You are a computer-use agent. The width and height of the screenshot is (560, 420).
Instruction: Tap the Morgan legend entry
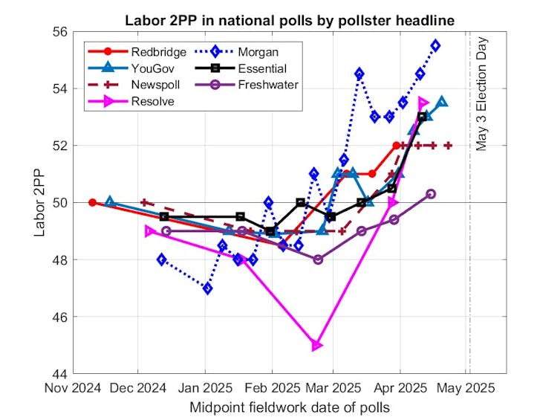pyautogui.click(x=259, y=52)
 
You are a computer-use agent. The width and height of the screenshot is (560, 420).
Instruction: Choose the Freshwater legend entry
pyautogui.click(x=268, y=85)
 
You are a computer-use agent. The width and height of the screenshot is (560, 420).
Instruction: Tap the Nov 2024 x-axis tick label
pyautogui.click(x=71, y=388)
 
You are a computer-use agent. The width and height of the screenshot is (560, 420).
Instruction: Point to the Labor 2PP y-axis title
pyautogui.click(x=40, y=202)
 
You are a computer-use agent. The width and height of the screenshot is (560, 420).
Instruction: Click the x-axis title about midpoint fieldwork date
pyautogui.click(x=290, y=407)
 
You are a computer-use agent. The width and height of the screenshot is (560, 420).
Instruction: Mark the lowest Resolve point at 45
pyautogui.click(x=317, y=345)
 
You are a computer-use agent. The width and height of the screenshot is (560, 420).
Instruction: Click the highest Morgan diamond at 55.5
pyautogui.click(x=435, y=45)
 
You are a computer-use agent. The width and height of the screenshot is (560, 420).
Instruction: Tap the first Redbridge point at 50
pyautogui.click(x=92, y=202)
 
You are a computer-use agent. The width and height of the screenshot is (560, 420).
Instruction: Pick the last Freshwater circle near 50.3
pyautogui.click(x=431, y=193)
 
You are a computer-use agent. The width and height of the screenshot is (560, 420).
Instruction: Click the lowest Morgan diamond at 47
pyautogui.click(x=207, y=288)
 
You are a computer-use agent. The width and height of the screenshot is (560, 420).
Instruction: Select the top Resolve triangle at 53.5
pyautogui.click(x=423, y=103)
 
